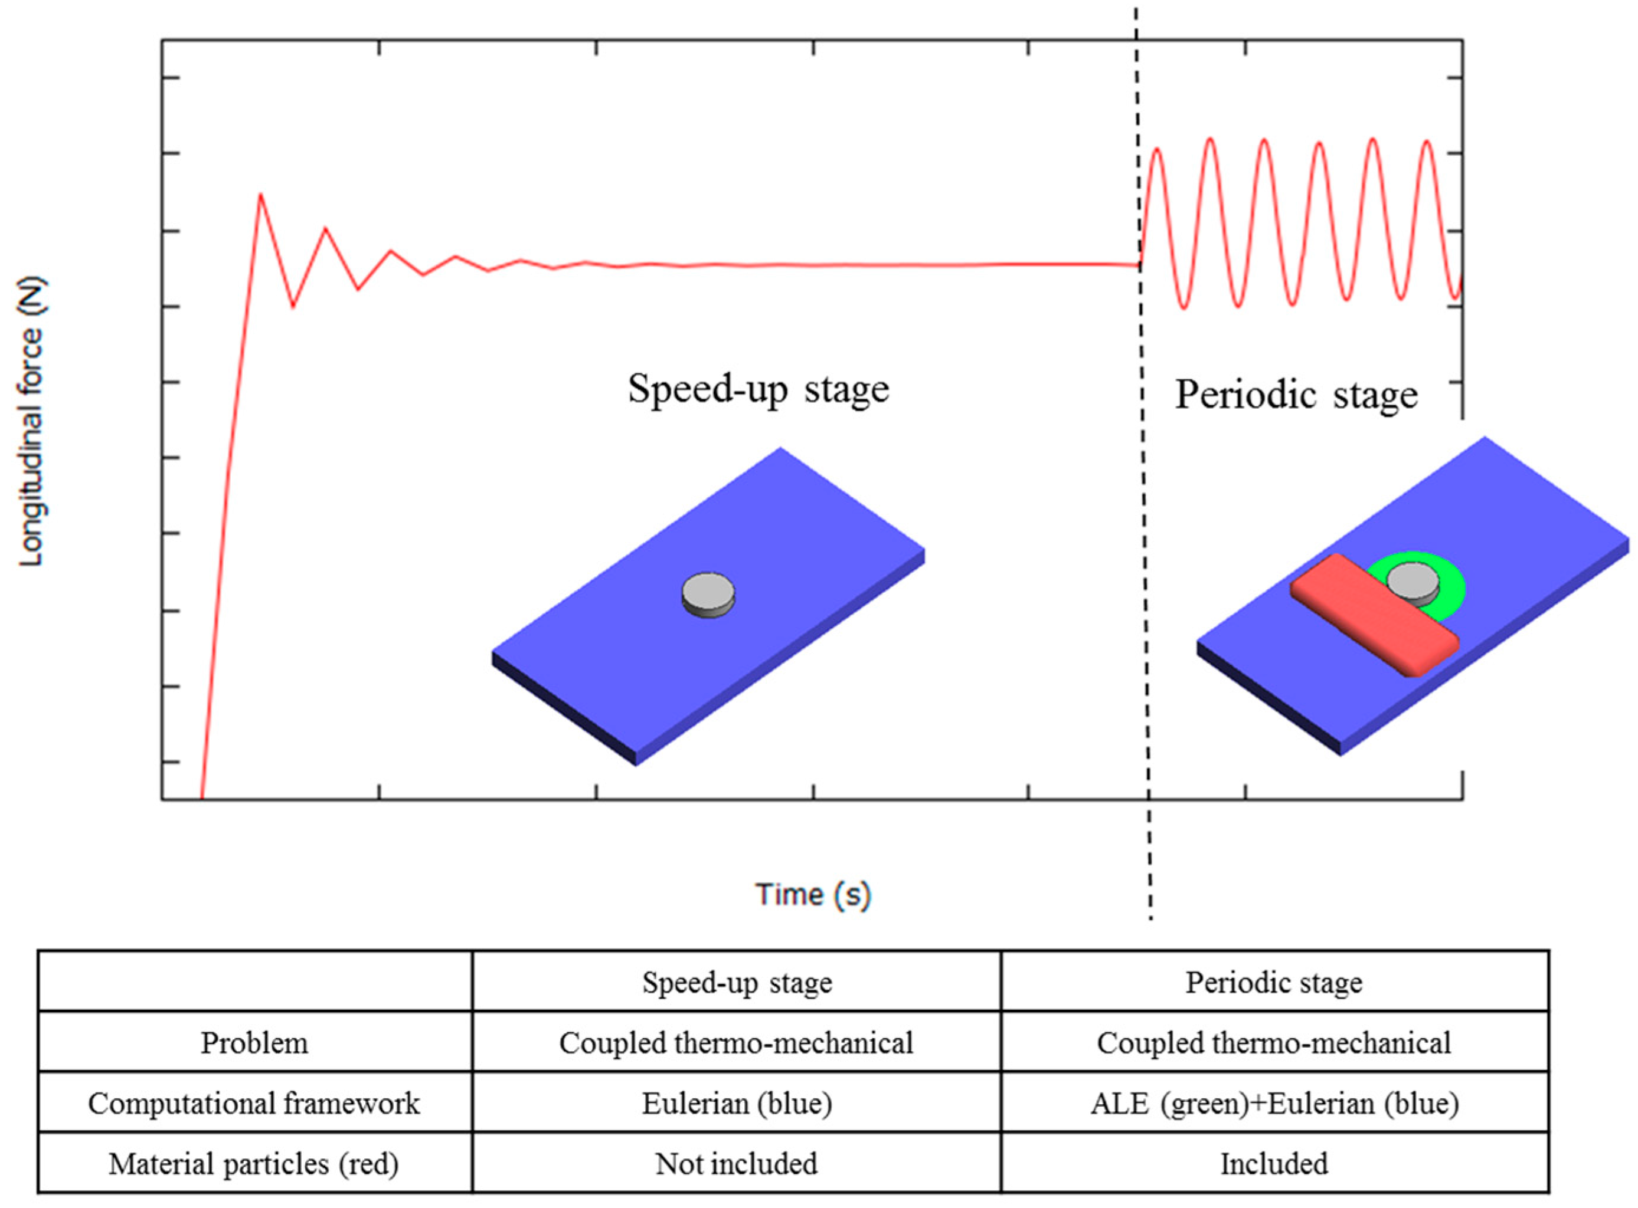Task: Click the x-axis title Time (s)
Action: [x=813, y=894]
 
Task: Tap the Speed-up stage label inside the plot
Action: [x=758, y=389]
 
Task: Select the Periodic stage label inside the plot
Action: [x=1296, y=396]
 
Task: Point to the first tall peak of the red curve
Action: [x=260, y=195]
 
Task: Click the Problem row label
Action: [x=254, y=1043]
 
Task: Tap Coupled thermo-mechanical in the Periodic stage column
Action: [x=1274, y=1043]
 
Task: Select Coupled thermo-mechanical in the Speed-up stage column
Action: [x=737, y=1043]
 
